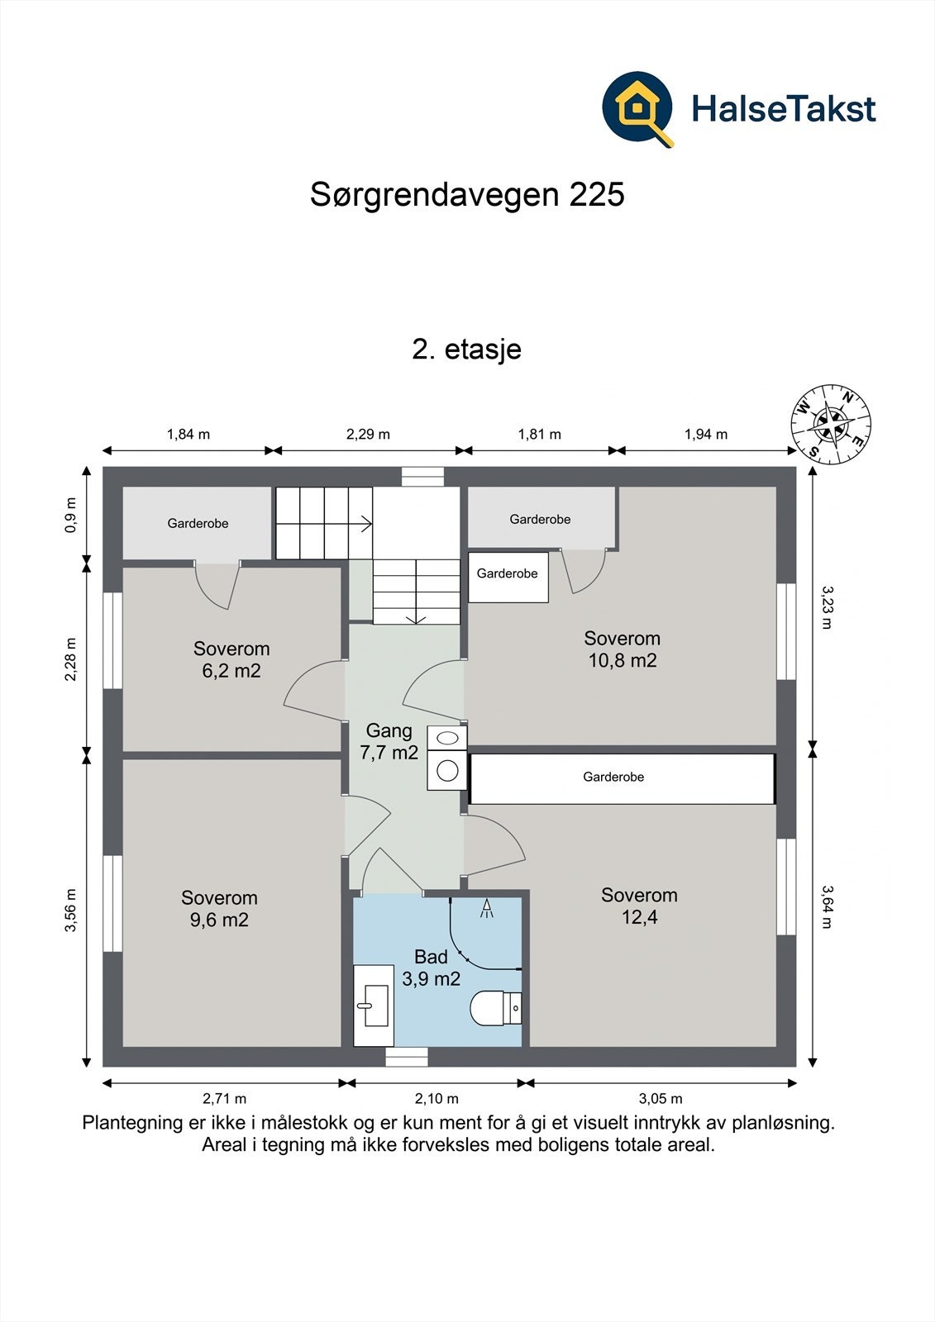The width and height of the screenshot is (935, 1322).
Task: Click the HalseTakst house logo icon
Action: [637, 108]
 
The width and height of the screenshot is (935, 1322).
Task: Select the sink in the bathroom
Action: [374, 1006]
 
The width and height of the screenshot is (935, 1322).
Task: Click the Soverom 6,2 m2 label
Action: [231, 659]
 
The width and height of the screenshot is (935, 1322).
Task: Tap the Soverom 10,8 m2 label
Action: [622, 649]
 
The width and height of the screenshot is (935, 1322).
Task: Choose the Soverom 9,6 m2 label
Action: [219, 908]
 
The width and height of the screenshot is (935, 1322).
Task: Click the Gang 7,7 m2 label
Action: [389, 741]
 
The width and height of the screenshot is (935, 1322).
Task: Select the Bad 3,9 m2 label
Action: [431, 968]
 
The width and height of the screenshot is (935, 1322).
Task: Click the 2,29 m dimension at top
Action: [368, 434]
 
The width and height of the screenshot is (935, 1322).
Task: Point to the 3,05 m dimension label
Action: [661, 1098]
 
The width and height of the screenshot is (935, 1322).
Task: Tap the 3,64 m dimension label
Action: [828, 906]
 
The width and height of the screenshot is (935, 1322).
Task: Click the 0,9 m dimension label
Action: [71, 515]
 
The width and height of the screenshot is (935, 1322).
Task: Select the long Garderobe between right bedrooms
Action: [613, 778]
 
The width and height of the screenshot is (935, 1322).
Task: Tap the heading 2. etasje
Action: [466, 349]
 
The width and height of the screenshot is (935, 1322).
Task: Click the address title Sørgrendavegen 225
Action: [467, 195]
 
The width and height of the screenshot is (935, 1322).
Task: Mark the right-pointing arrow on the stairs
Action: [364, 522]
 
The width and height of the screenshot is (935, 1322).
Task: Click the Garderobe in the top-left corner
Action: [198, 523]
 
